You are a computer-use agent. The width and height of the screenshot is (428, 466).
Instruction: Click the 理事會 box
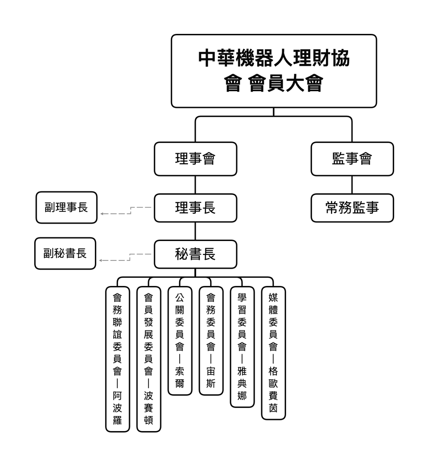click(x=195, y=159)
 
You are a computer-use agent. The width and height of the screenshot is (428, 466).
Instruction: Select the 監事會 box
click(x=352, y=159)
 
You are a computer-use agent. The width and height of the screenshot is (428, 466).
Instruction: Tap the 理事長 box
click(x=195, y=208)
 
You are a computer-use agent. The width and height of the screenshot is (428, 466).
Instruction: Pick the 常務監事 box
click(x=352, y=208)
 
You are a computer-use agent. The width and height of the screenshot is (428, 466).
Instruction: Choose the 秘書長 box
click(x=195, y=254)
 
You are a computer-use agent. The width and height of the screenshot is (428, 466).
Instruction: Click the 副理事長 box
click(x=66, y=208)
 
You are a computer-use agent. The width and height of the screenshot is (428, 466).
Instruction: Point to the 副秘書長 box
click(x=65, y=254)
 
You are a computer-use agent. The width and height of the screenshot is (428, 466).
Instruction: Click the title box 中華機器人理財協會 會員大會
click(x=274, y=71)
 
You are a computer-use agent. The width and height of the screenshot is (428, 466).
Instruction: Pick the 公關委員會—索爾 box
click(x=180, y=341)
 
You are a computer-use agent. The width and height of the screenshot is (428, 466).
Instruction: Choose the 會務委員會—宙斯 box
click(x=211, y=341)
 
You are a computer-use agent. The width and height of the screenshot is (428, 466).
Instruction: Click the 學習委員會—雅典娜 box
click(x=242, y=347)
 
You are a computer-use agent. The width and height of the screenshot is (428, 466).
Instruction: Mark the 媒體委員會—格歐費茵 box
click(x=273, y=353)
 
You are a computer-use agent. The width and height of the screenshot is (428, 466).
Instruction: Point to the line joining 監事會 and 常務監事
click(x=352, y=185)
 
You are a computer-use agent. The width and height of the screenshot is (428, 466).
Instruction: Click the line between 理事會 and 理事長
click(x=195, y=185)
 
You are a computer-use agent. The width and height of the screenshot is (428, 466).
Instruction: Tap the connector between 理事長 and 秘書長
click(x=195, y=231)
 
